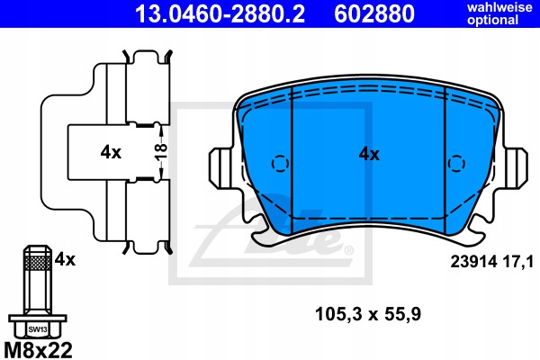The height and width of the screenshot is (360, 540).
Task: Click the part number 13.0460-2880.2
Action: coord(220,14)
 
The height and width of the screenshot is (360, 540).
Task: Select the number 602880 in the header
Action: coord(374,14)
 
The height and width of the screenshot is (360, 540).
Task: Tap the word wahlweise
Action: coord(499,7)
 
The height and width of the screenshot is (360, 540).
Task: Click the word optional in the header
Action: coord(493,20)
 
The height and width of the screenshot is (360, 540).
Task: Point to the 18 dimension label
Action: coord(161,152)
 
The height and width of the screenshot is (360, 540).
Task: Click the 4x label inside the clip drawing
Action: coord(111,152)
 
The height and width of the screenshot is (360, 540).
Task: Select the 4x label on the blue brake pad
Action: coord(369,154)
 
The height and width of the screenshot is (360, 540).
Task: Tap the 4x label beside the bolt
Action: coord(65,259)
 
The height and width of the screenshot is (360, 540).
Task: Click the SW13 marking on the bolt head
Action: coord(38,329)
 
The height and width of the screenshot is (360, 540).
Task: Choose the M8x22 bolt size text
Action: coord(38,350)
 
